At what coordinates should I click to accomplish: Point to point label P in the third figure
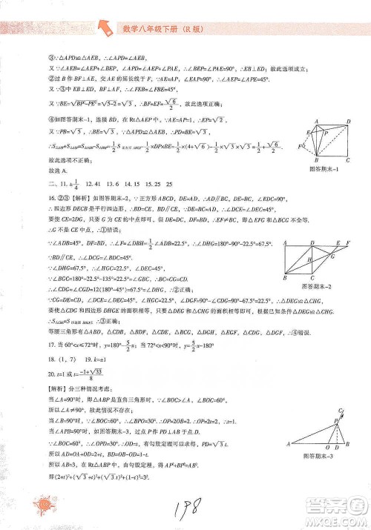pos(338,420)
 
